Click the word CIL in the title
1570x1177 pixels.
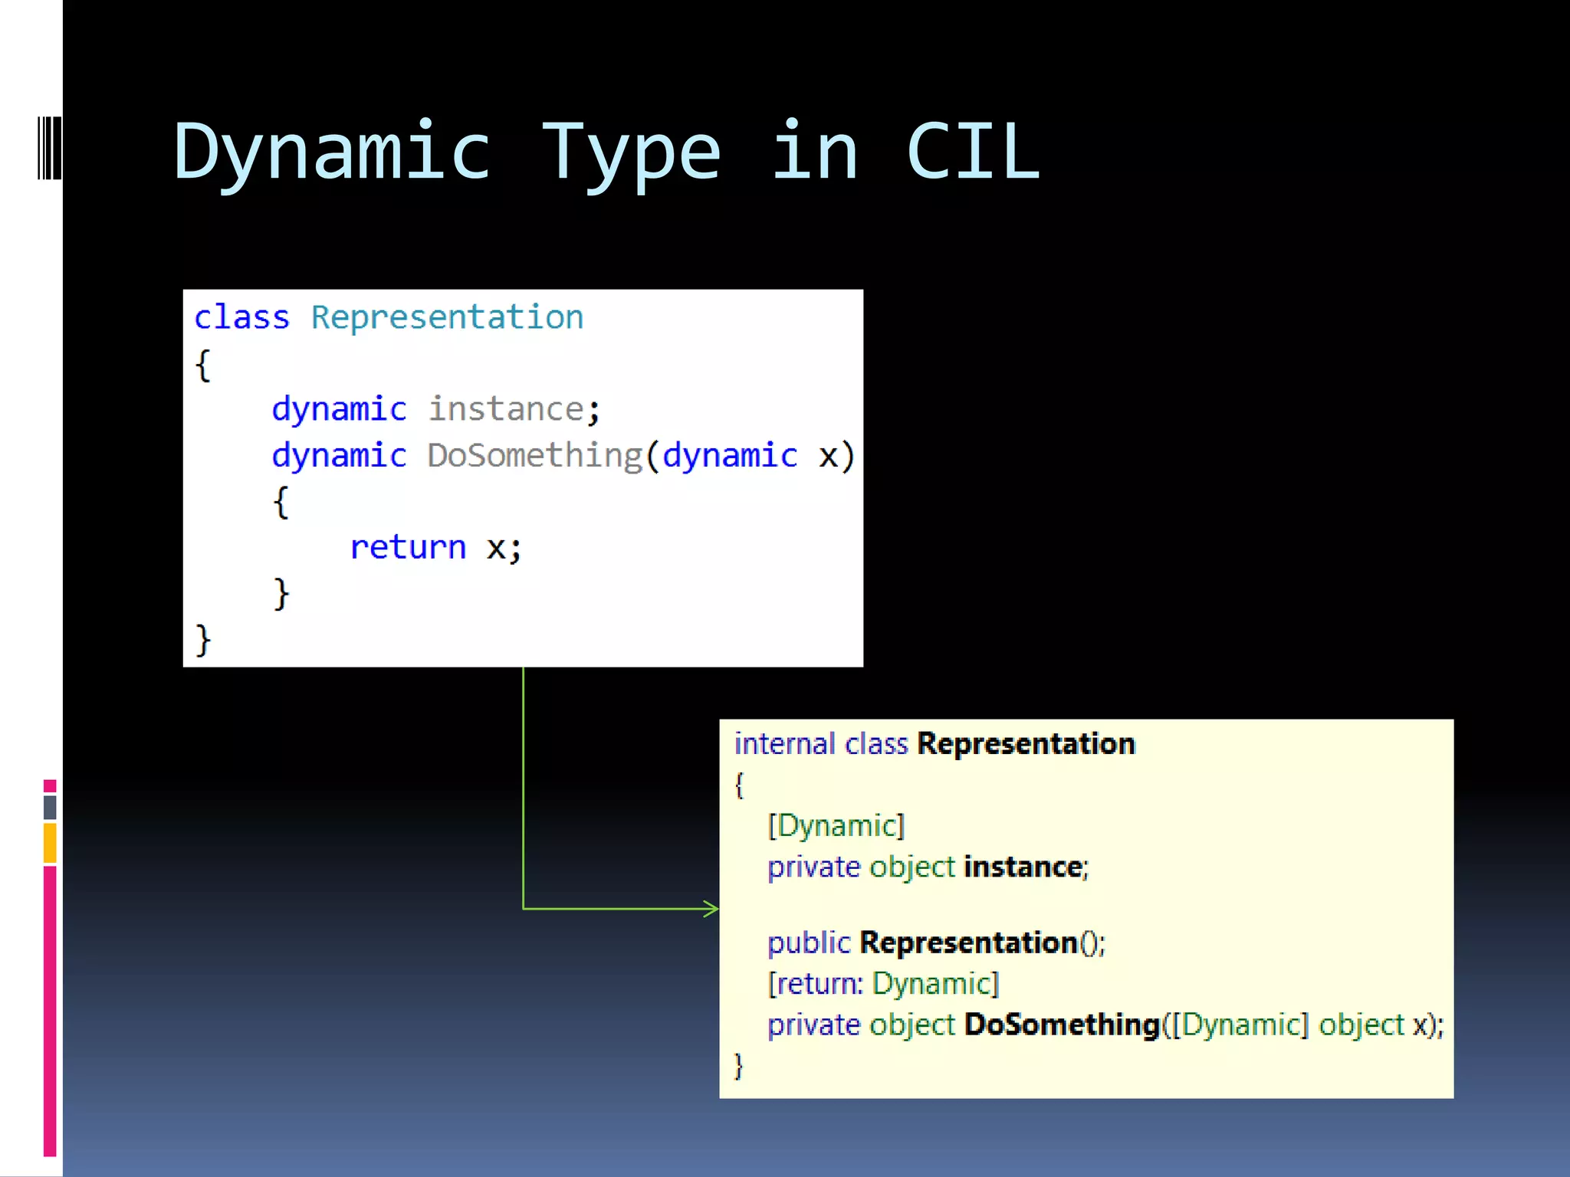[973, 152]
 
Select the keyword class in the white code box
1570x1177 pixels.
[241, 317]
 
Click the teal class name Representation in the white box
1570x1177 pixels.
[447, 317]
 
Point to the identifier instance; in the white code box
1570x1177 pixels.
[514, 409]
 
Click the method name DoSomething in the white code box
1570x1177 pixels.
[534, 455]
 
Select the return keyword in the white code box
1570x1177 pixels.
[408, 547]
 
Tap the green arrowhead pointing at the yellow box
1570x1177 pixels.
[711, 909]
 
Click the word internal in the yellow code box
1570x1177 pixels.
[784, 744]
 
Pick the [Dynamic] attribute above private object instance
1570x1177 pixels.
[836, 826]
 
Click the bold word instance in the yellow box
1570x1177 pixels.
[1023, 867]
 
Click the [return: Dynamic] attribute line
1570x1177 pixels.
[884, 984]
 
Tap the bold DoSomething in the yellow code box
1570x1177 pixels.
[1062, 1025]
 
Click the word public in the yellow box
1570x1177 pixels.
[809, 943]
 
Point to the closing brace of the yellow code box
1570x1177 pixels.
[738, 1066]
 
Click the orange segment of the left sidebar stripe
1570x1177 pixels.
[50, 843]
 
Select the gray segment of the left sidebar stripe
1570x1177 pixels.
[50, 807]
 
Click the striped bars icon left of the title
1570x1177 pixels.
[49, 148]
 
